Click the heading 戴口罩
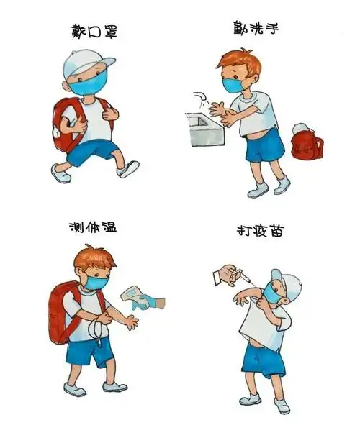point(93,32)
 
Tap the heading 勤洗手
point(256,29)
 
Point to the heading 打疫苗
point(257,232)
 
